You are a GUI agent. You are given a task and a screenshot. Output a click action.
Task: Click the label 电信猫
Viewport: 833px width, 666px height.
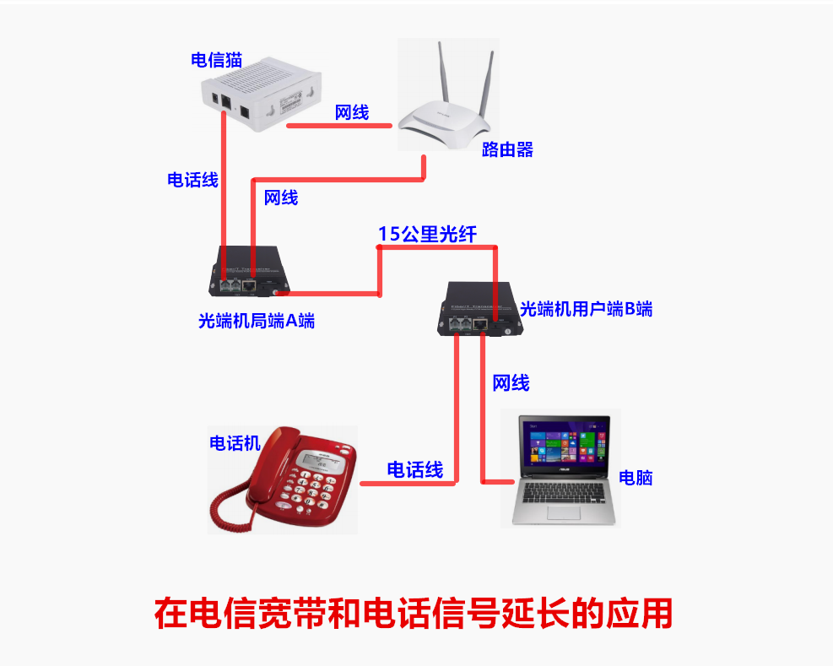(x=217, y=60)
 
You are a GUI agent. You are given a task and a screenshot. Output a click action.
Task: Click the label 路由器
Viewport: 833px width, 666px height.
(x=507, y=150)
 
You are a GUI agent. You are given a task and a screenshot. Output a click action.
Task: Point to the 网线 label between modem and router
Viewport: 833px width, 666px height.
(x=352, y=112)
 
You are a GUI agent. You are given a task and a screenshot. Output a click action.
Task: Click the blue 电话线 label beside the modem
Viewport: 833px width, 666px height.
(x=192, y=180)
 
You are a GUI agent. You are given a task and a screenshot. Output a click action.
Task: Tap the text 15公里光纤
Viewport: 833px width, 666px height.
(x=427, y=235)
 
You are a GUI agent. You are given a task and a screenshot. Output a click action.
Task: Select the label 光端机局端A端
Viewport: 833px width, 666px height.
(x=257, y=321)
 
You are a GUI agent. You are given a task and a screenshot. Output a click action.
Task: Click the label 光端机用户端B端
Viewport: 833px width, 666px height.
(x=587, y=309)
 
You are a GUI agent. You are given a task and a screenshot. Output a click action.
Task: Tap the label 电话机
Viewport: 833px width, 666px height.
(x=235, y=443)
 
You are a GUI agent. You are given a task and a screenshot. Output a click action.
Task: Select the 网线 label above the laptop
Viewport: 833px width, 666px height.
(x=511, y=383)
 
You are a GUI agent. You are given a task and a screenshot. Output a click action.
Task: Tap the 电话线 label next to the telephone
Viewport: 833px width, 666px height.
(x=414, y=470)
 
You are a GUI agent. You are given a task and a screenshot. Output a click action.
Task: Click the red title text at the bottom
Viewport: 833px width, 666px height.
(x=414, y=613)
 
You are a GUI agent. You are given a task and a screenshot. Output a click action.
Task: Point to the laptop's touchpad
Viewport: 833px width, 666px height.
(x=566, y=512)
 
